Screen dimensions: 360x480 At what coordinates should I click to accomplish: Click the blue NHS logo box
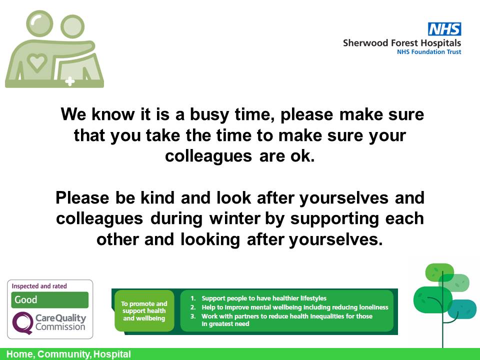(444, 29)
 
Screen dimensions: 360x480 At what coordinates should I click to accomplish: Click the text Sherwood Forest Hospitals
(402, 43)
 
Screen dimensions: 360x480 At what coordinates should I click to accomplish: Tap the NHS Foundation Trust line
(429, 52)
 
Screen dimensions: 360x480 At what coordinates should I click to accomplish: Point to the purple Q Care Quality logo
(22, 321)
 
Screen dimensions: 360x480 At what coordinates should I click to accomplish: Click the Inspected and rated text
(39, 286)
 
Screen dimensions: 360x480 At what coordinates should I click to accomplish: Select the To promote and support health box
(144, 310)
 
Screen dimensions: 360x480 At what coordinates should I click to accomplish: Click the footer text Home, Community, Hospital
(68, 354)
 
